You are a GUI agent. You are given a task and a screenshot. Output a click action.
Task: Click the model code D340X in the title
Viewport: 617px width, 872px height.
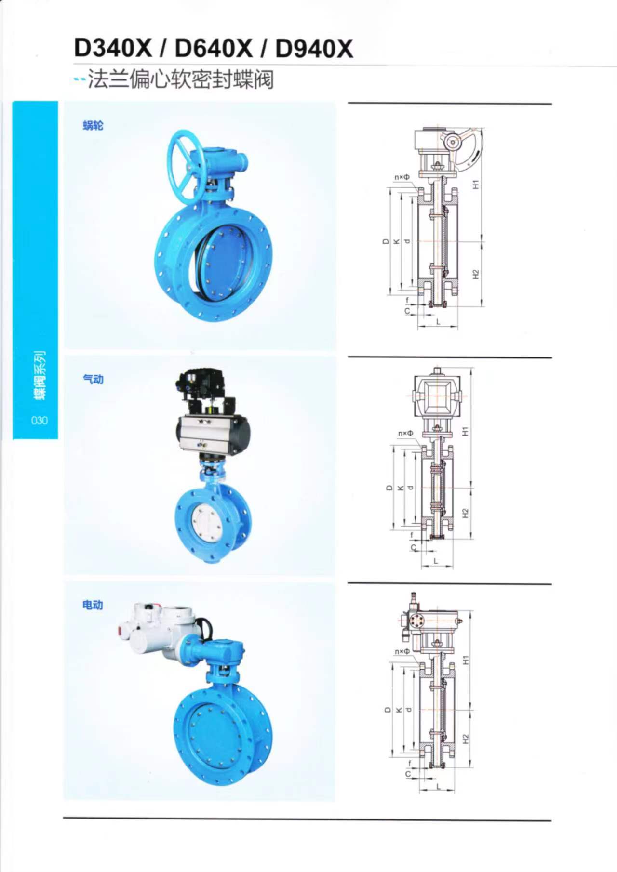(x=113, y=49)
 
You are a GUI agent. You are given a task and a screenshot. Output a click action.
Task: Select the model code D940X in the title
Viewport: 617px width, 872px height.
(x=314, y=49)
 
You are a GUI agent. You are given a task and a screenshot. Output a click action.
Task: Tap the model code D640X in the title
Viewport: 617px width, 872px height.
(x=214, y=49)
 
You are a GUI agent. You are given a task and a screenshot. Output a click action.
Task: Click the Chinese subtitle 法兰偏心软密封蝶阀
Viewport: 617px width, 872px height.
(x=181, y=79)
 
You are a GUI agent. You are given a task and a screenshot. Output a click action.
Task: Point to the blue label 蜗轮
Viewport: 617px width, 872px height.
(x=93, y=126)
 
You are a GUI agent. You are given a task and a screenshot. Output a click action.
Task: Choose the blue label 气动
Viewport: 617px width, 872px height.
(x=93, y=379)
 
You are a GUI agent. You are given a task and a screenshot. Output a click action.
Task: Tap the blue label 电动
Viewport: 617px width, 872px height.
(x=93, y=605)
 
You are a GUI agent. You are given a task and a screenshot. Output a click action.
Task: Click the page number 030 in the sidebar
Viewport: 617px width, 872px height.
(x=40, y=420)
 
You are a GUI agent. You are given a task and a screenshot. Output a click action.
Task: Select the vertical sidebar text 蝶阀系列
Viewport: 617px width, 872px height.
(x=40, y=375)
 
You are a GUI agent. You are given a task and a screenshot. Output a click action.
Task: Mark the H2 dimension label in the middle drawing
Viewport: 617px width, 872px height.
(x=465, y=513)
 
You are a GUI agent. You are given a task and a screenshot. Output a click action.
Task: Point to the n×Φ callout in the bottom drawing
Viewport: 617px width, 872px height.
(x=402, y=651)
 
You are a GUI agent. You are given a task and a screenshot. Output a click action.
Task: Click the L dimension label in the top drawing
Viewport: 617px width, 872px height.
(x=438, y=321)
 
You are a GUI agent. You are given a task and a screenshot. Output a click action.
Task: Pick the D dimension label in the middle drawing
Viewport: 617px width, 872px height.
(x=389, y=488)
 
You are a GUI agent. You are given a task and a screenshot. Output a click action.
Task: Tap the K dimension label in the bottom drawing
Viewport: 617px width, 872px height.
(x=398, y=710)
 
